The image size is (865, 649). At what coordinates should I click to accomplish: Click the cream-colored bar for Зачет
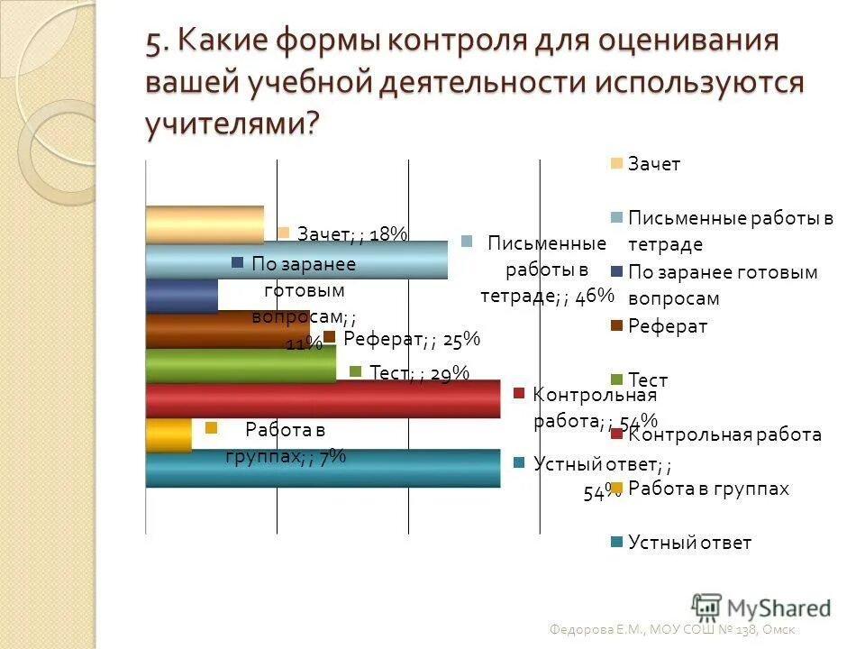(x=205, y=224)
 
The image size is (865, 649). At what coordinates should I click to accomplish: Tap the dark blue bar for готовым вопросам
(x=181, y=296)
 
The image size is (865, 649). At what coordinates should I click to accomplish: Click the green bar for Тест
(x=240, y=364)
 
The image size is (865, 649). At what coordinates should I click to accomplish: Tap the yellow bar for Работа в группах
(x=168, y=434)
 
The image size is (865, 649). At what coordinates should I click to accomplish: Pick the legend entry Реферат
(x=667, y=326)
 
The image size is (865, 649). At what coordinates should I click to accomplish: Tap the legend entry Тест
(x=647, y=380)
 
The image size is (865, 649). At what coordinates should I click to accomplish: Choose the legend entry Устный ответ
(x=688, y=543)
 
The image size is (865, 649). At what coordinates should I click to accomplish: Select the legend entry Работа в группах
(x=707, y=489)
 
